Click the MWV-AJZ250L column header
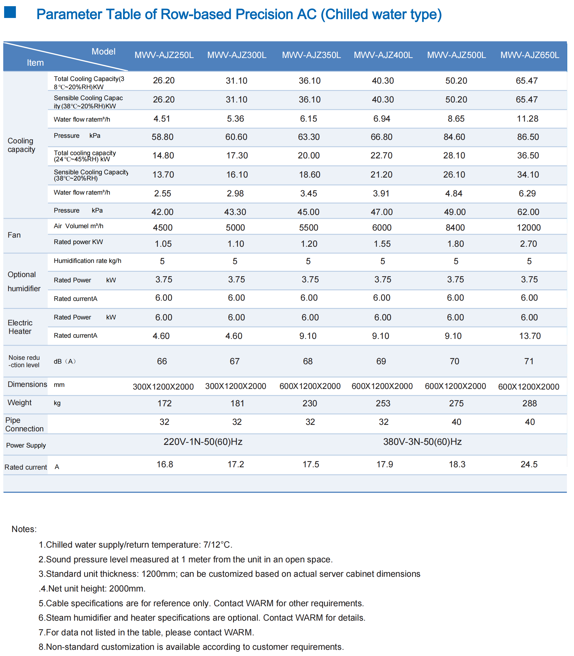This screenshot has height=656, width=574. point(164,55)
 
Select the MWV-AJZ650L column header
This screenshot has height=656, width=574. point(530,55)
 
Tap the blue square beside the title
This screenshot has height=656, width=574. point(10,12)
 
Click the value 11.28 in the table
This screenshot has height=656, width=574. point(527,119)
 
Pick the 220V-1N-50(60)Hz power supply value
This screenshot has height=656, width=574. point(203,442)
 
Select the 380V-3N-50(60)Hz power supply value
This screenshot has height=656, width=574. point(422,442)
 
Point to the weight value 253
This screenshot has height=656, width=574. point(383,403)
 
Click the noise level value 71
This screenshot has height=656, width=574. point(529,361)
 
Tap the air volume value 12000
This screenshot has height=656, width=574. point(528,228)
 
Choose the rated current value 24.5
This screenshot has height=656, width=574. point(529,464)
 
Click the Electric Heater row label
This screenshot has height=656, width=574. point(20,327)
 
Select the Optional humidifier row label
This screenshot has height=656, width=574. point(24,281)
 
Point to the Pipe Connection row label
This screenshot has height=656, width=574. point(24,424)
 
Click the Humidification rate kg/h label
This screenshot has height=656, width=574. point(87,261)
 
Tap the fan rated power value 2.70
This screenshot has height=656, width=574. point(528,244)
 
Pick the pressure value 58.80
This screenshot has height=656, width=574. point(162,137)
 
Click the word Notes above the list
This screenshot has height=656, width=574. point(24,529)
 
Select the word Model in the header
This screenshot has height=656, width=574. point(103,52)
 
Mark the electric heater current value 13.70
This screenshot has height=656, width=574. point(530,336)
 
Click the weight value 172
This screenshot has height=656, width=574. point(164,403)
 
